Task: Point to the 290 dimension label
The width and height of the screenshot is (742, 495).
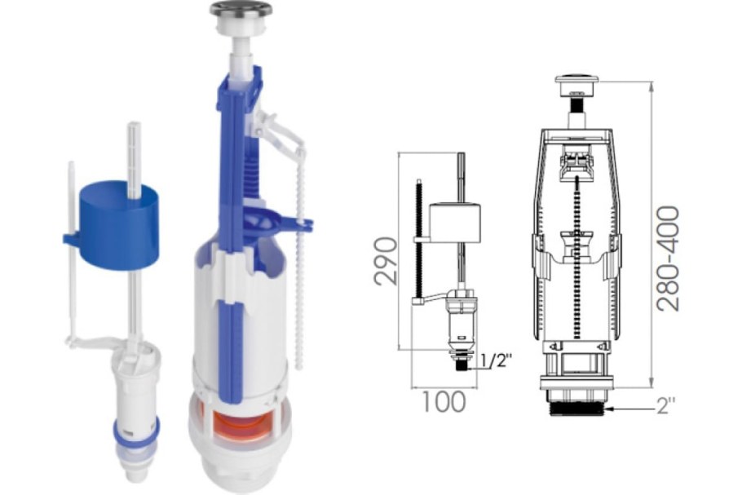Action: (385, 261)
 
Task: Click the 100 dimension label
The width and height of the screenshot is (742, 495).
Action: (443, 403)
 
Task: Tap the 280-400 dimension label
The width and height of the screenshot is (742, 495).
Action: (668, 259)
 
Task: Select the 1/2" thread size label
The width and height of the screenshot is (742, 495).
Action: (497, 361)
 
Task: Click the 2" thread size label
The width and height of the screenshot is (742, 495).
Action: (666, 406)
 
